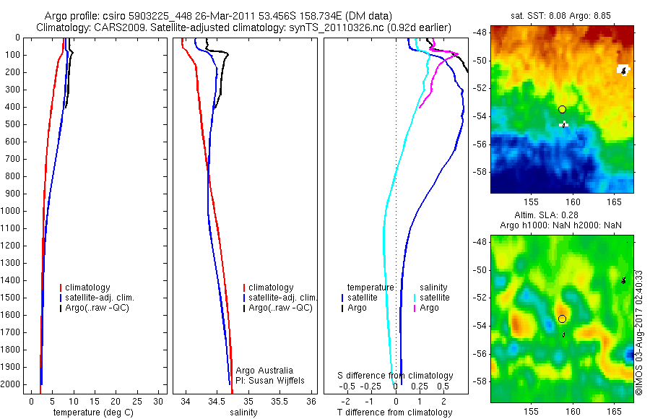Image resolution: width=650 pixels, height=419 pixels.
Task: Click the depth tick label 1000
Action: point(12,211)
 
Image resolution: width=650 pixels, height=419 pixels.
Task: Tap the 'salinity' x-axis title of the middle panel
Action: point(243,412)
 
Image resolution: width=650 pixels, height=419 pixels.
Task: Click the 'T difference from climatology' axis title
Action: point(394,412)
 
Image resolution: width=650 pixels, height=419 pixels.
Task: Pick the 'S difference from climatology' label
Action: point(395,376)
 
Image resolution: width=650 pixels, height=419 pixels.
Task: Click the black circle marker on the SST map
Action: point(562,109)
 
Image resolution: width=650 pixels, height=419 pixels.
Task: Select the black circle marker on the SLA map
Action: point(562,319)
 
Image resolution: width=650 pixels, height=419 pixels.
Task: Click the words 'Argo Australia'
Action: point(264,370)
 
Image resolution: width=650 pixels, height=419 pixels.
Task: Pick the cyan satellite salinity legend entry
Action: point(434,298)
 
